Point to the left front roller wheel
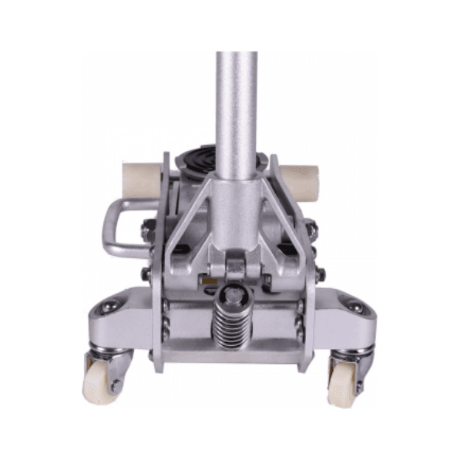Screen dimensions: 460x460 pyautogui.click(x=139, y=180)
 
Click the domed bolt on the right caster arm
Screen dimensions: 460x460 pyautogui.click(x=354, y=306)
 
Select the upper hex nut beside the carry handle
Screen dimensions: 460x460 pyautogui.click(x=146, y=229)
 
